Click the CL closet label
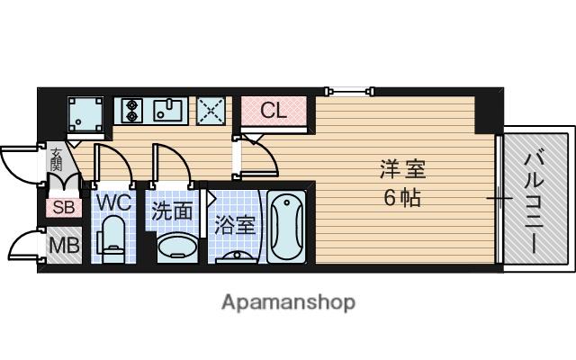coord(273,110)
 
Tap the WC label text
coord(113,202)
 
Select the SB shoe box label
coord(64,208)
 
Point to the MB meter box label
coord(64,246)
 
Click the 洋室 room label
coord(402,170)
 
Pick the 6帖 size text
coord(402,198)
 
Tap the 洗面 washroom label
coord(172,211)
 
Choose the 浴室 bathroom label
coord(235,225)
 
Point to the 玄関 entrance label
coord(56,159)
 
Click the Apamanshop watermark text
coord(288,302)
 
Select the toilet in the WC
coord(112,239)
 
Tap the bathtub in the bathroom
coord(286,226)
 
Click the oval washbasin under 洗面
coord(177,247)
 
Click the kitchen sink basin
coord(167,110)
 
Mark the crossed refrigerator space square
coord(211,111)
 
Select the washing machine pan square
coord(85,114)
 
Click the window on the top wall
coord(350,91)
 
